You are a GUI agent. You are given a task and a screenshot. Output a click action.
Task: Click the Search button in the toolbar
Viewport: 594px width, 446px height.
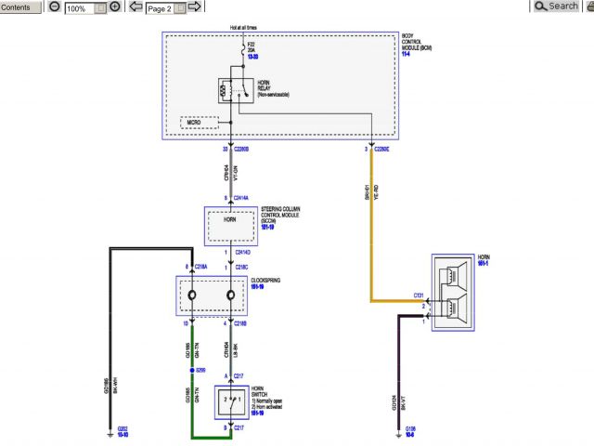tap(558, 7)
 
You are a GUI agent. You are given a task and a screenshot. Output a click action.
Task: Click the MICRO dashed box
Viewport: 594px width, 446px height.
tap(199, 123)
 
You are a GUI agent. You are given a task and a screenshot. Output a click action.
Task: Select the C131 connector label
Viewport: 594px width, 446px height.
tap(419, 295)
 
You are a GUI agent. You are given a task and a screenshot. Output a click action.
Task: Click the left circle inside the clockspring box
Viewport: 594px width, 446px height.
tap(192, 296)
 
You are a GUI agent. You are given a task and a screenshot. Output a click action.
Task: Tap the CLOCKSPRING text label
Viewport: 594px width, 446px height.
tap(266, 282)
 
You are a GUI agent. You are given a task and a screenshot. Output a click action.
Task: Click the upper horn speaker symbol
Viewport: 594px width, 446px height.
tap(456, 275)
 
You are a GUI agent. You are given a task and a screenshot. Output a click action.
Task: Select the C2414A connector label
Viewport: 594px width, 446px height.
tap(244, 198)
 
